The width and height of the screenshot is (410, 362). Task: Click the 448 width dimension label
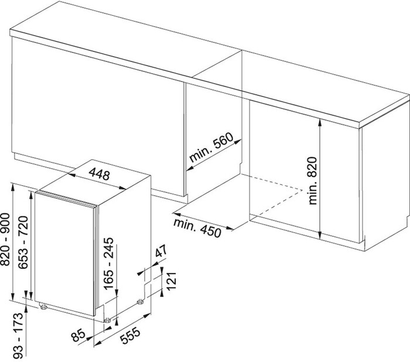pos(99,174)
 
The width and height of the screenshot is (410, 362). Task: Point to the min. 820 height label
pos(312,181)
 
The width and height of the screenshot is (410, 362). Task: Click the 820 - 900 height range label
pos(5,239)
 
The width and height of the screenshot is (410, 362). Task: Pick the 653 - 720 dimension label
pos(23,242)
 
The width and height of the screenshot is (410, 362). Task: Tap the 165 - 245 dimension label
pos(108,264)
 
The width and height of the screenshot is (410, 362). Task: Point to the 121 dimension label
pos(172,281)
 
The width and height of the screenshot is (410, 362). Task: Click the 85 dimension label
pos(78,335)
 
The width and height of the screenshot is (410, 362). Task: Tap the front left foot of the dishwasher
pos(43,306)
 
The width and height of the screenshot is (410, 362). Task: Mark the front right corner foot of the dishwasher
pos(107,320)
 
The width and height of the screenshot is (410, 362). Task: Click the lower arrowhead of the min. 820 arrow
pos(320,235)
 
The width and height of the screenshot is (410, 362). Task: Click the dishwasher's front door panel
pos(64,253)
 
